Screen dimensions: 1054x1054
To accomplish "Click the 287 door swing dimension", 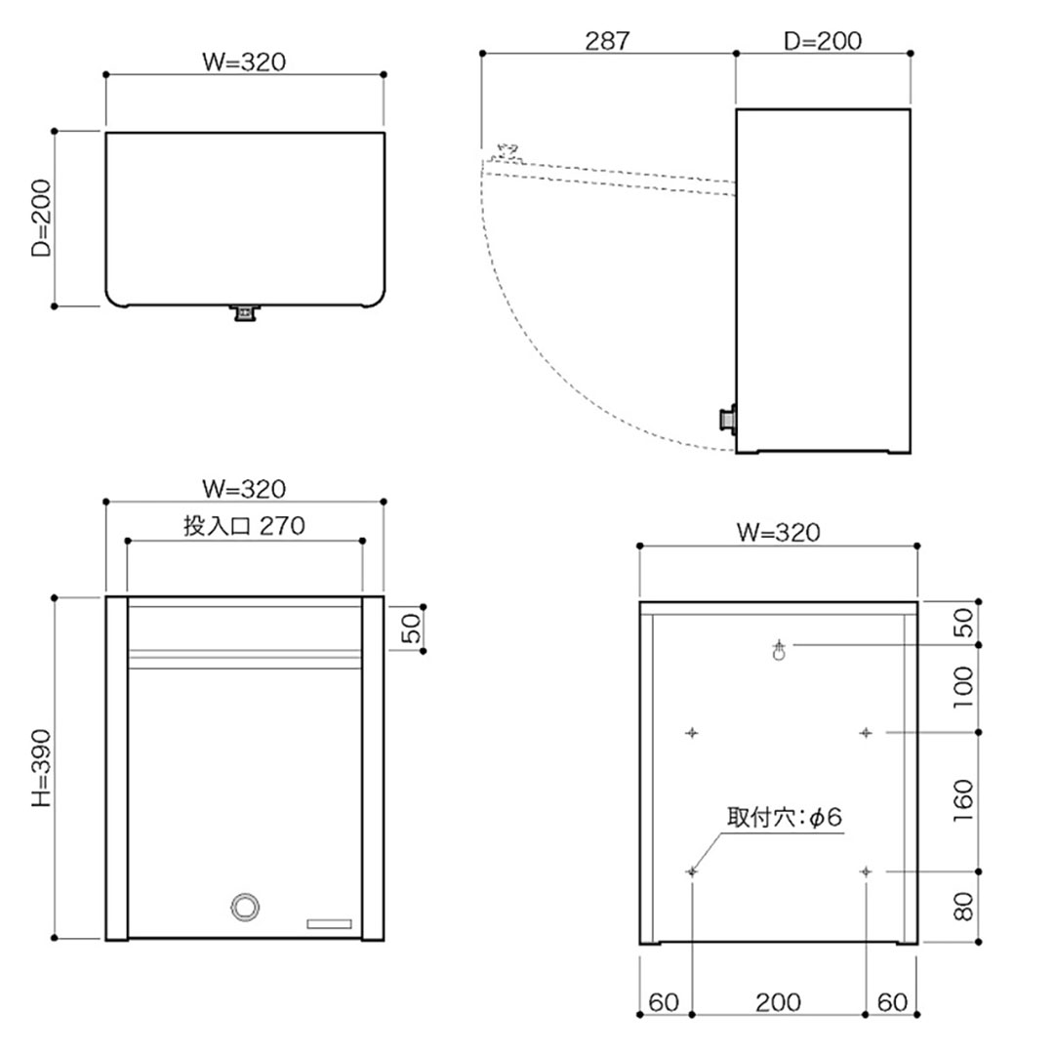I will [x=607, y=41].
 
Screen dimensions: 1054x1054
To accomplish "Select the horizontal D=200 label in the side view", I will [x=823, y=41].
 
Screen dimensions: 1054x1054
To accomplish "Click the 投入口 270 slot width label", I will [x=244, y=526].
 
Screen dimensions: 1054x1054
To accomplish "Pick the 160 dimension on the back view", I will [x=962, y=800].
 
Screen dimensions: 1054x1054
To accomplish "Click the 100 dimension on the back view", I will [x=962, y=688].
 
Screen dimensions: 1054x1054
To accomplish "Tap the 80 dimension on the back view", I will [x=962, y=907].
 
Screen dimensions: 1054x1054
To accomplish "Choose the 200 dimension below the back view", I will [x=778, y=1001].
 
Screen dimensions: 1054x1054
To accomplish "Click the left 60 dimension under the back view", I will [x=664, y=1001].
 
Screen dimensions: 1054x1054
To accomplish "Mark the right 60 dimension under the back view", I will [x=891, y=1001].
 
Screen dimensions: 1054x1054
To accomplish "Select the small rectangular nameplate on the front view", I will [x=332, y=923].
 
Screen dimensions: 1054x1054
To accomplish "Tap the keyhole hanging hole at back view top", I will [x=779, y=651].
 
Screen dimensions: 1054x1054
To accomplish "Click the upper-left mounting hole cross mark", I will [x=692, y=732].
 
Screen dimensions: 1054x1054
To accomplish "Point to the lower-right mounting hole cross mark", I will [x=866, y=871].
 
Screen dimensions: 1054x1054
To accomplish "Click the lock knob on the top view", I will [x=244, y=313].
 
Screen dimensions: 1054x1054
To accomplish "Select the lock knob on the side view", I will [x=727, y=419].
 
